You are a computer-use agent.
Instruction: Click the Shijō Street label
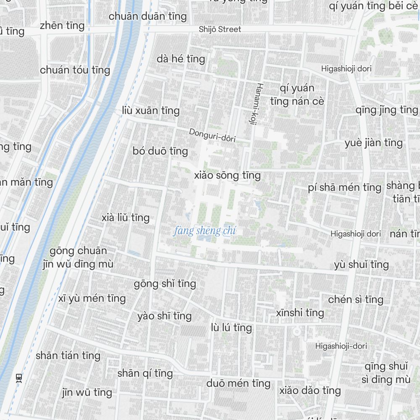point(220,29)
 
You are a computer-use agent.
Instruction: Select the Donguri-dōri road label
point(212,135)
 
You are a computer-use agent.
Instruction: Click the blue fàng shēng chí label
point(205,231)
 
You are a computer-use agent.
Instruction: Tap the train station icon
point(18,378)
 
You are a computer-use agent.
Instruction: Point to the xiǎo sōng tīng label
point(227,176)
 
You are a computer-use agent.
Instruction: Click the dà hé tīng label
point(181,59)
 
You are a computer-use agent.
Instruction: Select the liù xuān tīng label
point(150,111)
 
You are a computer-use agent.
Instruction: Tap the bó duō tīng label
point(160,151)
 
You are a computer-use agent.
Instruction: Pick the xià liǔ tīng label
point(125,218)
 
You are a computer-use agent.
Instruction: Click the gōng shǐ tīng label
point(165,284)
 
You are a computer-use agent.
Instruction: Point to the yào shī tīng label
point(164,316)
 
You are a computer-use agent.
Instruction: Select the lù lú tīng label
point(231,328)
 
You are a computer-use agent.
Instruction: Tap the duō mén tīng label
point(238,383)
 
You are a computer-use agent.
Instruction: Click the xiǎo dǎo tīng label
point(310,391)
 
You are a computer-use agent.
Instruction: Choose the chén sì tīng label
point(356,299)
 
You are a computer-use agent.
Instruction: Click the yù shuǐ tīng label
point(361,265)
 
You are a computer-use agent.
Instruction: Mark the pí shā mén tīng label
point(344,187)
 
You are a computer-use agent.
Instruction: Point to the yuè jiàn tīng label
point(373,143)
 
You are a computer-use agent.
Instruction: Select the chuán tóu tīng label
point(75,70)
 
